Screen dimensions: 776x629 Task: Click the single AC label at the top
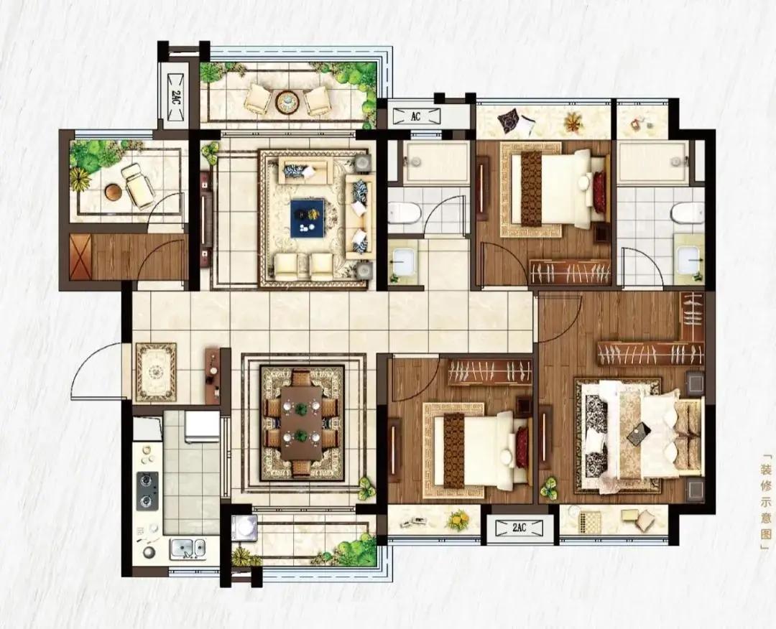coord(415,116)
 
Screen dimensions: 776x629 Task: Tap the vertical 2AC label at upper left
coord(176,96)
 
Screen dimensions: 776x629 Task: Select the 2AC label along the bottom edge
coord(519,528)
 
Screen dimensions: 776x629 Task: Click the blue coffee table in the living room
coord(308,218)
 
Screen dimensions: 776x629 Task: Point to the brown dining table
coord(302,424)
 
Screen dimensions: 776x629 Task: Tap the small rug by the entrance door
coord(157,371)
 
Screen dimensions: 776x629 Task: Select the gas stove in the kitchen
coord(147,490)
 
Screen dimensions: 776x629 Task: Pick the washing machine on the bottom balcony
coord(244,528)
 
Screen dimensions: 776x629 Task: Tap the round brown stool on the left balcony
coord(114,192)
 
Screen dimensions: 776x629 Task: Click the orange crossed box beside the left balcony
coord(80,257)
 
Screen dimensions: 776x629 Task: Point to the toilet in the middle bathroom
coord(404,213)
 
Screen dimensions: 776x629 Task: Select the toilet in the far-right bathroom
coord(688,214)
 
